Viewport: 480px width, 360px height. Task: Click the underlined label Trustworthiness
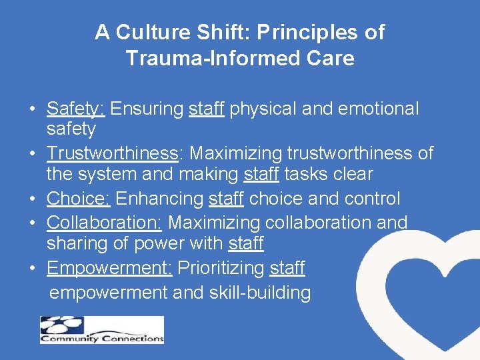111,153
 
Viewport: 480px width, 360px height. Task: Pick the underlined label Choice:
79,199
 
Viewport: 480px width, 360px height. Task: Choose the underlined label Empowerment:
109,268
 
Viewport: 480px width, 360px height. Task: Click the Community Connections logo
101,330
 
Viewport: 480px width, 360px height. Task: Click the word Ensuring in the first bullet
149,108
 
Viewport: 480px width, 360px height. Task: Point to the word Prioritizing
221,268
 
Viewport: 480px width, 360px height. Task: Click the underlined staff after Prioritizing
287,268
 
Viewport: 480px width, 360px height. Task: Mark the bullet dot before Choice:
32,199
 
